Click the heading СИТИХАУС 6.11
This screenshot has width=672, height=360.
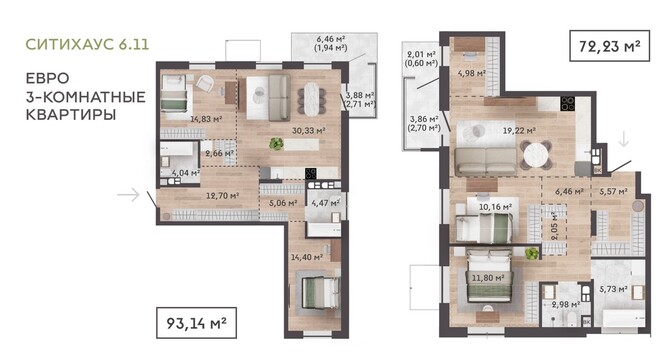click(x=87, y=45)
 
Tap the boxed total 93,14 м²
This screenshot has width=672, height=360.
click(x=196, y=323)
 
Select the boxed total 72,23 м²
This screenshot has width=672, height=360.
click(x=609, y=46)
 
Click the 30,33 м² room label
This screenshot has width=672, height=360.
click(x=309, y=131)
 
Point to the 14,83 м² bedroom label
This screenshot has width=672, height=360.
click(x=206, y=119)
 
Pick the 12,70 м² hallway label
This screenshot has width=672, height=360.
click(x=222, y=196)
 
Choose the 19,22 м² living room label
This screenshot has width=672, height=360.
click(x=519, y=131)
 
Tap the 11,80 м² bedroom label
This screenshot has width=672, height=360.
click(x=488, y=278)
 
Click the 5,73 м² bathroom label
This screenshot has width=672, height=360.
click(x=614, y=289)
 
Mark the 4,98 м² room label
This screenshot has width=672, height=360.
click(x=471, y=73)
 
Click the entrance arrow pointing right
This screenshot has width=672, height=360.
click(x=129, y=195)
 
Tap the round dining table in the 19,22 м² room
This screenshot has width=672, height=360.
click(x=536, y=155)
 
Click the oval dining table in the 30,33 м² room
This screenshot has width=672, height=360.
click(x=312, y=99)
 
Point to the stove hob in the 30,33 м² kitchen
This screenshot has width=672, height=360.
click(x=311, y=174)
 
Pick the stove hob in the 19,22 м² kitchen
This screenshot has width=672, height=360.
click(x=568, y=103)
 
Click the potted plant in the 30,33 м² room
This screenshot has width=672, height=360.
click(x=276, y=144)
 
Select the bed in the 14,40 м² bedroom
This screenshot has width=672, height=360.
click(x=321, y=293)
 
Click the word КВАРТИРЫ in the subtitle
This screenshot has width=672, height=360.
click(x=71, y=115)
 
